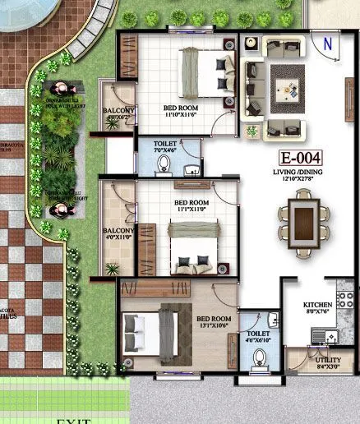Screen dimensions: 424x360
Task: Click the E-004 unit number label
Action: point(299,157)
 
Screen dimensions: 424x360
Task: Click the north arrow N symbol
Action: point(328,45)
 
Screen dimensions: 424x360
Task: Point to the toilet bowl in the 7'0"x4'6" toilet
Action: point(164,164)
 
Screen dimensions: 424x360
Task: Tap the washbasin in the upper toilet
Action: point(191,170)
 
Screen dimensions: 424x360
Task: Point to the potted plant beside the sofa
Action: point(252,130)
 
